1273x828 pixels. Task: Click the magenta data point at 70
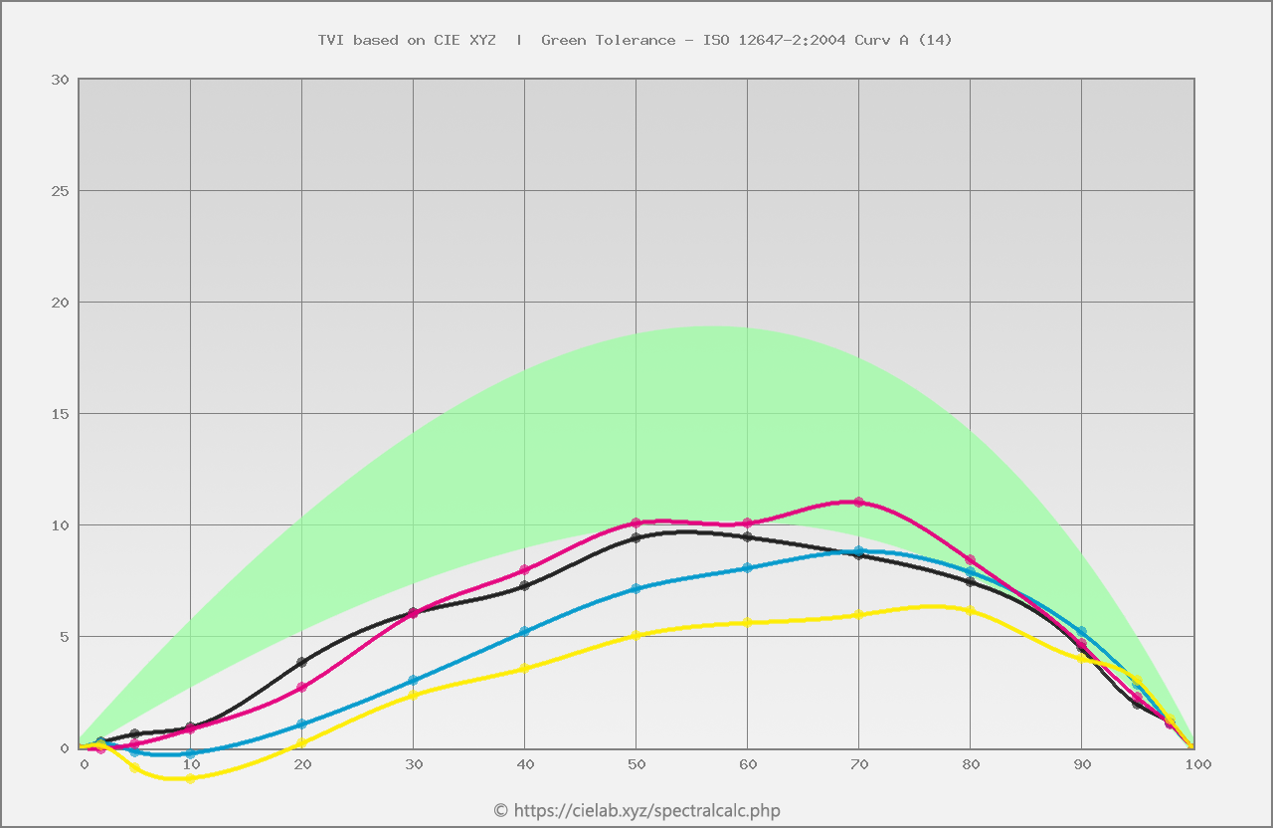click(x=858, y=502)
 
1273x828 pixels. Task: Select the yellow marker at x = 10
click(x=190, y=778)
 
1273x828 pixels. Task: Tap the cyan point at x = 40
click(x=525, y=631)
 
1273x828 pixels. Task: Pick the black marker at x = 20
click(x=302, y=662)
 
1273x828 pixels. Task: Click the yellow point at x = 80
click(x=971, y=610)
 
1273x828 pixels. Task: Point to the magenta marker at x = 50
click(x=636, y=522)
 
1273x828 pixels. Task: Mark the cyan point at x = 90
click(x=1081, y=632)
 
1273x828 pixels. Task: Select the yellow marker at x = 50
click(x=636, y=635)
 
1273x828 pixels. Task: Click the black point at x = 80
click(x=971, y=581)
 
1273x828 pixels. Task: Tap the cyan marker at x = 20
click(x=302, y=724)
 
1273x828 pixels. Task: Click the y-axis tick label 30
click(x=60, y=80)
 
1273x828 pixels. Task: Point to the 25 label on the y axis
click(x=60, y=191)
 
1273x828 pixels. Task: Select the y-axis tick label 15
click(x=60, y=414)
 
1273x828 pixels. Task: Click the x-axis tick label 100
click(x=1197, y=764)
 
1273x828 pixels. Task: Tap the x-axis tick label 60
click(x=748, y=764)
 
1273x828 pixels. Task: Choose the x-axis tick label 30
click(x=414, y=764)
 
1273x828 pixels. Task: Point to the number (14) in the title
click(x=934, y=40)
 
